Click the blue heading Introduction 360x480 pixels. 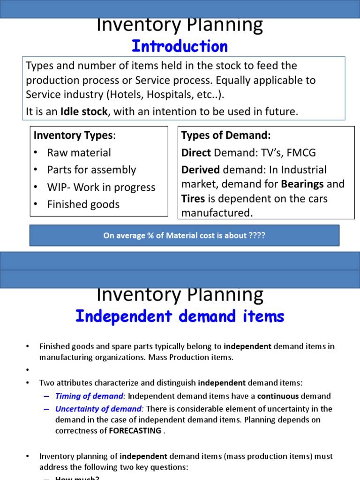(180, 46)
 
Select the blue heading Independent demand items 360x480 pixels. (180, 316)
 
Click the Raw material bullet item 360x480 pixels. (79, 152)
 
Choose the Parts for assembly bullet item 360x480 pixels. (91, 170)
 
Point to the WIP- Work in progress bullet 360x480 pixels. (101, 187)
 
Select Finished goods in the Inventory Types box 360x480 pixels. (83, 204)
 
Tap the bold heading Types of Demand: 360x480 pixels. (226, 135)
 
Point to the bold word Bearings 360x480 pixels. (302, 184)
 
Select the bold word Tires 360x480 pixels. (193, 199)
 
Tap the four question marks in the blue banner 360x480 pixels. (257, 235)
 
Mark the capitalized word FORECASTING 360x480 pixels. (135, 430)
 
